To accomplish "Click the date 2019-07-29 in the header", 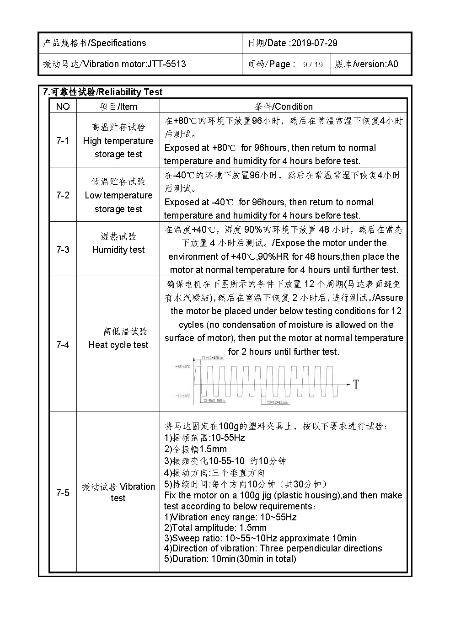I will tap(314, 43).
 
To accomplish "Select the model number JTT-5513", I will tap(166, 64).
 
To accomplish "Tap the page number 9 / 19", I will tap(313, 64).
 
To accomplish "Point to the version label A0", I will tap(392, 64).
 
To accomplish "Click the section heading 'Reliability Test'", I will tap(130, 92).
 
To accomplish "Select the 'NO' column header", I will tap(63, 107).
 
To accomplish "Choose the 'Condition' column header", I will tap(293, 107).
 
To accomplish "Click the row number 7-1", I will tap(63, 141).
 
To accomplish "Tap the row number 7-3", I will tap(63, 250).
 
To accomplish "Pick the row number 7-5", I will tap(63, 492).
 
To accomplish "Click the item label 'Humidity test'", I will tap(118, 250).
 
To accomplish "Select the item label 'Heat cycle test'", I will tap(118, 345).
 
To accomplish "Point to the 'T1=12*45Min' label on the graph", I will tap(212, 358).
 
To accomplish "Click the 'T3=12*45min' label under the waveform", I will tap(278, 402).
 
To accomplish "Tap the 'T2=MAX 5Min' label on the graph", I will tap(214, 401).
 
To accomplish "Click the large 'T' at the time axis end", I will tap(355, 385).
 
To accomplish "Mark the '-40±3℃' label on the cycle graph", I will tap(183, 396).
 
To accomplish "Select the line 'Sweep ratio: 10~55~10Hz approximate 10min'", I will tap(260, 538).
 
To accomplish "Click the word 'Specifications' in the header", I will tap(118, 43).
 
